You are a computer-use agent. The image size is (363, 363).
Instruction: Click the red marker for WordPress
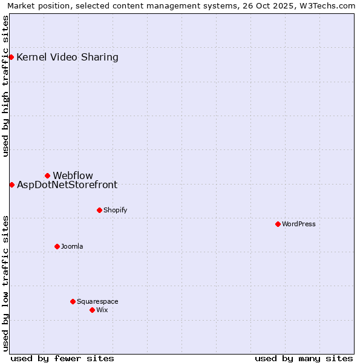278,224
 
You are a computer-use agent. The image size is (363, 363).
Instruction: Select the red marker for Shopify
99,210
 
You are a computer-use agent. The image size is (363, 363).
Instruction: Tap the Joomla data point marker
57,246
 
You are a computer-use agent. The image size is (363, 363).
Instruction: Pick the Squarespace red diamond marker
73,301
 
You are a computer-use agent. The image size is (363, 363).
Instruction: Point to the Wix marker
92,310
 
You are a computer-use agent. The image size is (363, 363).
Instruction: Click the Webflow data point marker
47,175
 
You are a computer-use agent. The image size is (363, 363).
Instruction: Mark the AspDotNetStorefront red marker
11,185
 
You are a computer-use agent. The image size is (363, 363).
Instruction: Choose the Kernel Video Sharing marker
11,57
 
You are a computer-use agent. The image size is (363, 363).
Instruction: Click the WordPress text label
299,224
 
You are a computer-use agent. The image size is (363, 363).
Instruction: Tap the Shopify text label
115,210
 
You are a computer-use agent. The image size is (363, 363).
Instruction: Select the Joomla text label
72,246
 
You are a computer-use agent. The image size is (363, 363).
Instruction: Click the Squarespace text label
97,301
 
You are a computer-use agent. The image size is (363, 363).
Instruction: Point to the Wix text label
102,310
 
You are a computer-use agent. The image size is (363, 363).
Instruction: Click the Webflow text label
73,175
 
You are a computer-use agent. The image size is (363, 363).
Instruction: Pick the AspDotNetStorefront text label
67,185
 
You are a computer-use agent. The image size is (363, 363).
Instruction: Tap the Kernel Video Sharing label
67,57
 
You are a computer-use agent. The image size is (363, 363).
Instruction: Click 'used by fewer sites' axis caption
62,358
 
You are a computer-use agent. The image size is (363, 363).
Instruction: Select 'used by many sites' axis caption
304,358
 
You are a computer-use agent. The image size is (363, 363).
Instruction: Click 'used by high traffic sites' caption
6,86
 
